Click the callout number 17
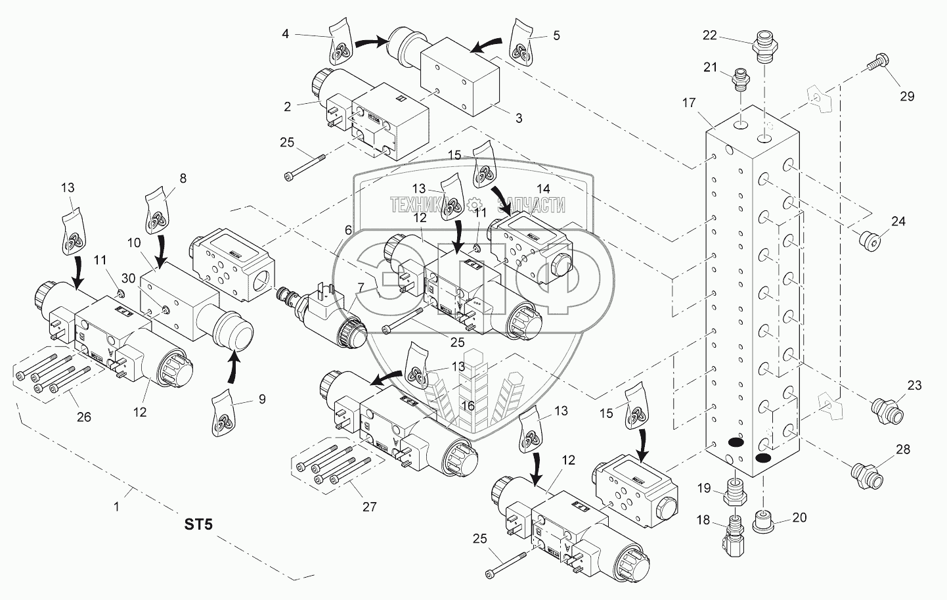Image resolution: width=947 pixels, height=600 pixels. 688,103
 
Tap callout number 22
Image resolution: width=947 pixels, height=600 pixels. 709,35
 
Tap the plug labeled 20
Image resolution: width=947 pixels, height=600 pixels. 764,520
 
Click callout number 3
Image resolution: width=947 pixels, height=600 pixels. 519,118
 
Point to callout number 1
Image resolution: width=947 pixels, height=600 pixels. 117,507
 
